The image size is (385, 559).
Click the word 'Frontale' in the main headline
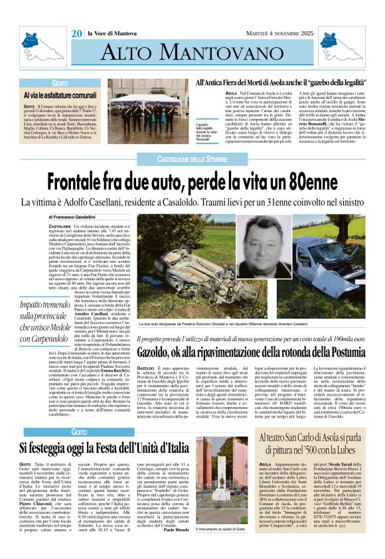click(x=86, y=181)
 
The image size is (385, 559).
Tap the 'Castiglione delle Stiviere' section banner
click(x=192, y=159)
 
